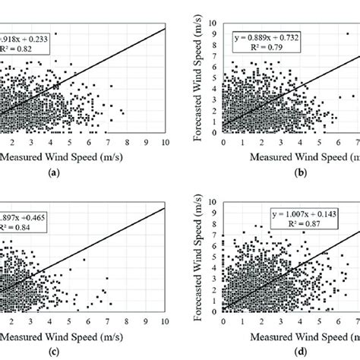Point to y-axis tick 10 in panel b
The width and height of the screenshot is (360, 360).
point(216,24)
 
